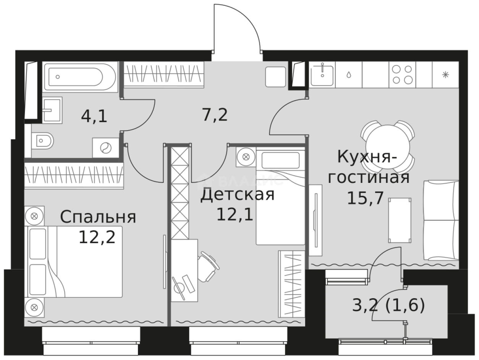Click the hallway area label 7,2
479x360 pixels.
[x=215, y=114]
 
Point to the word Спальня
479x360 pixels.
[x=98, y=217]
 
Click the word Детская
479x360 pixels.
[x=237, y=194]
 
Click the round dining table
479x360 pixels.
[x=387, y=146]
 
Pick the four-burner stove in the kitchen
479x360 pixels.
[x=402, y=75]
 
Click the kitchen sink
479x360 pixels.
[x=322, y=75]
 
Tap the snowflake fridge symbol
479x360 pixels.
[x=445, y=75]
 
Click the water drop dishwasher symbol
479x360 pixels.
[x=349, y=75]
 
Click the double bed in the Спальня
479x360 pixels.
[x=74, y=262]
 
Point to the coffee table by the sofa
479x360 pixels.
[x=400, y=220]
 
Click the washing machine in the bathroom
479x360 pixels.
[x=105, y=148]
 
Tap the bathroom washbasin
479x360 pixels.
[x=52, y=110]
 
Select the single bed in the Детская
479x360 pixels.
[x=280, y=197]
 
